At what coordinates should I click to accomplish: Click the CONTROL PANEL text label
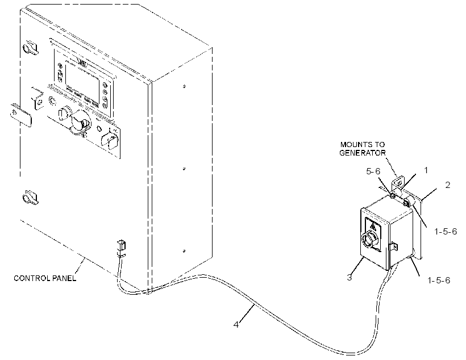point(45,278)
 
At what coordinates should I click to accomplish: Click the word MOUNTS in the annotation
point(354,145)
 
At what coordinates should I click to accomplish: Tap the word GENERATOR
point(363,153)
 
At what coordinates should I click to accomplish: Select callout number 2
point(448,185)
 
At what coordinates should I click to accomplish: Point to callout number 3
point(349,277)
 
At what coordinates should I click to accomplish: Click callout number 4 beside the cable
point(236,325)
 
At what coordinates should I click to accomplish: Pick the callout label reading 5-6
point(373,171)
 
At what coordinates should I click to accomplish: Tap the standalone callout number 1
point(426,170)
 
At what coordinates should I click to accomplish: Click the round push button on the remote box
point(370,240)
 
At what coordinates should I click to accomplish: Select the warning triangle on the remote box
point(373,227)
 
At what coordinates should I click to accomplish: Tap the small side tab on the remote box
point(393,246)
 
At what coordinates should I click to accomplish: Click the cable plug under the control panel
point(121,247)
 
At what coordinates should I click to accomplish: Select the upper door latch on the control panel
point(30,47)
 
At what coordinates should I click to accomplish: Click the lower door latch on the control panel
point(30,197)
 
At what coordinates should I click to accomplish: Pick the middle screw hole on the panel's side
point(184,169)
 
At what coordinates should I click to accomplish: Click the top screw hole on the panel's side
point(184,86)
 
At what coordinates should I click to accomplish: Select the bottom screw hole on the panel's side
point(184,251)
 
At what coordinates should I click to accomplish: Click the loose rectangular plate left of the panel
point(21,115)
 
